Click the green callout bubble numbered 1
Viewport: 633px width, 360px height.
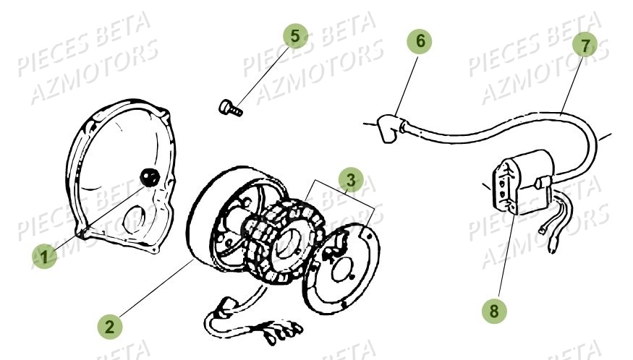[44, 257]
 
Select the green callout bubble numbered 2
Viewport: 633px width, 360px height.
[110, 326]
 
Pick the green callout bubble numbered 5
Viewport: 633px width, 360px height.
[294, 36]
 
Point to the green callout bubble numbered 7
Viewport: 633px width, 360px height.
[585, 44]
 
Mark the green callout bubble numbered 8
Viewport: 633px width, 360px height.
[494, 311]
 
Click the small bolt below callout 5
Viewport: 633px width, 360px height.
[229, 108]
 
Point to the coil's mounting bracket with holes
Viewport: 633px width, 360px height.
[506, 187]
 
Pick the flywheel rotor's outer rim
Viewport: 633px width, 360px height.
[199, 224]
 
